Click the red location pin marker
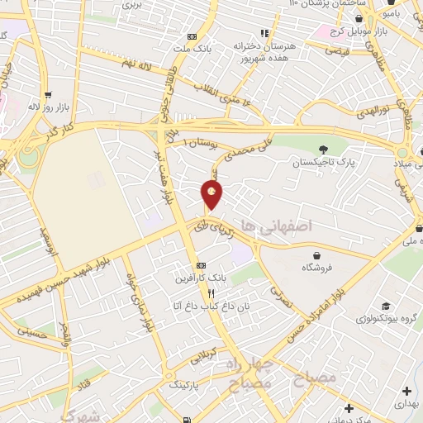212,195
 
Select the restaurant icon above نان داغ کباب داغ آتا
211,293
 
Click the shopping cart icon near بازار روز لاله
48,94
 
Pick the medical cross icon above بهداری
406,390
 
